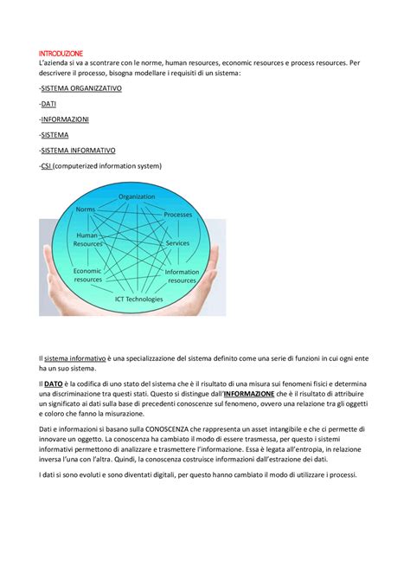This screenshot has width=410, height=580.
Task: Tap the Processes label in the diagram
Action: click(x=177, y=214)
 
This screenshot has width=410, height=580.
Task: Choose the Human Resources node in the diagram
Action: click(x=87, y=239)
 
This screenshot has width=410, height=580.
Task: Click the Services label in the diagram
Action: click(x=177, y=243)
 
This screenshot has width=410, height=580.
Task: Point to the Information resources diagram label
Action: click(x=182, y=277)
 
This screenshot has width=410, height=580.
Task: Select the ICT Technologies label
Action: click(x=138, y=299)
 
